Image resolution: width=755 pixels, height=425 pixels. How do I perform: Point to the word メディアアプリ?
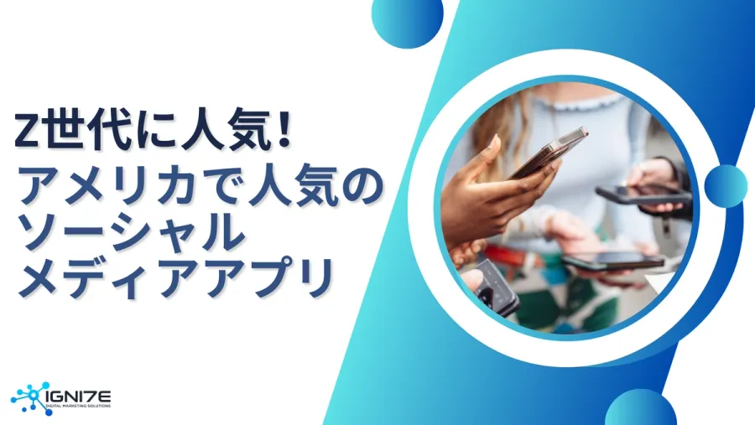point(172,279)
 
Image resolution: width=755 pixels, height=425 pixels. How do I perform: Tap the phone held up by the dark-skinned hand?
point(549,151)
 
